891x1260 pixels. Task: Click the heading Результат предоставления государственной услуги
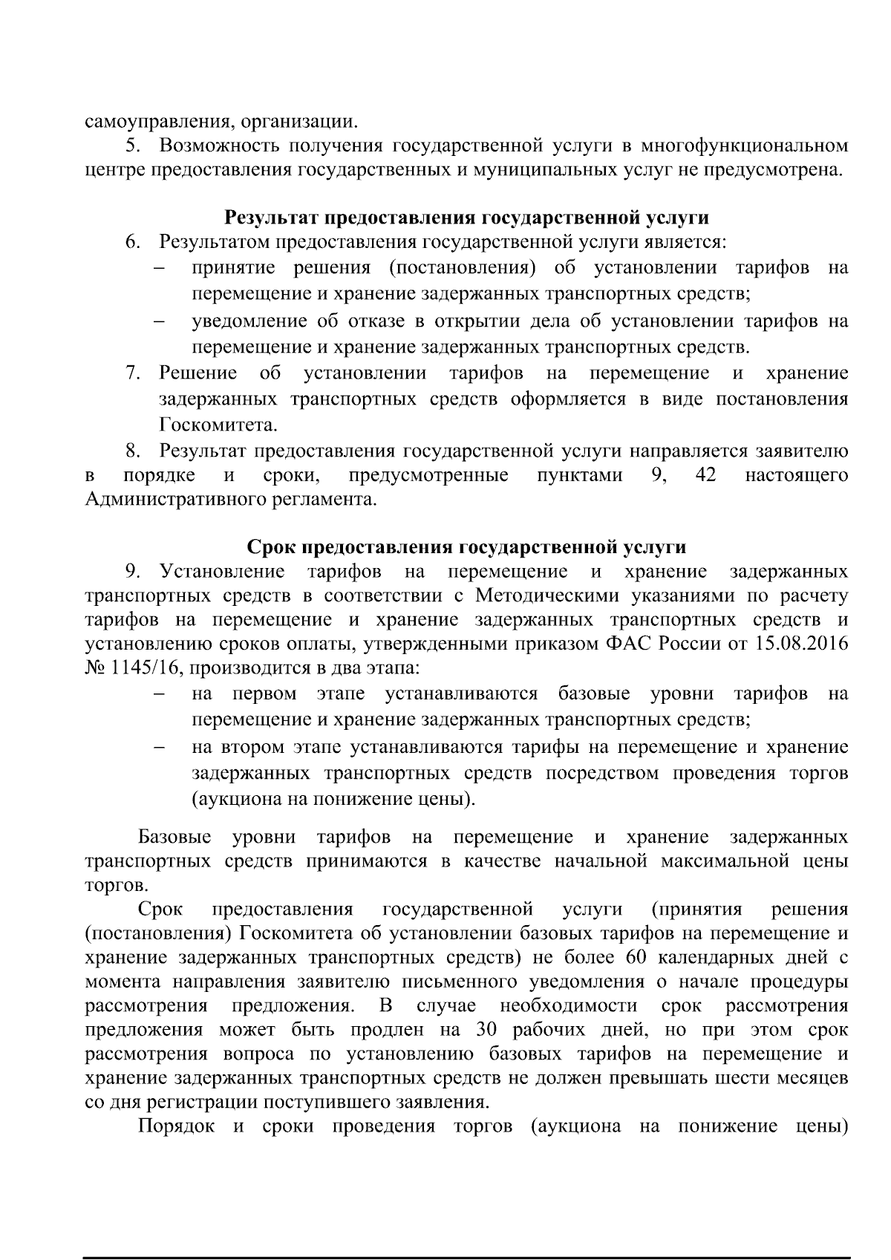point(466,218)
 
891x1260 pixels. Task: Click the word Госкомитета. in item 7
point(198,425)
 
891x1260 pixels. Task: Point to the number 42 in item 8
point(706,475)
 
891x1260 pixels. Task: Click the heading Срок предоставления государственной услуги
point(466,547)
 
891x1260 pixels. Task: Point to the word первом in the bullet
point(264,694)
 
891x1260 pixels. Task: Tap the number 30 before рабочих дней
point(480,1031)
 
